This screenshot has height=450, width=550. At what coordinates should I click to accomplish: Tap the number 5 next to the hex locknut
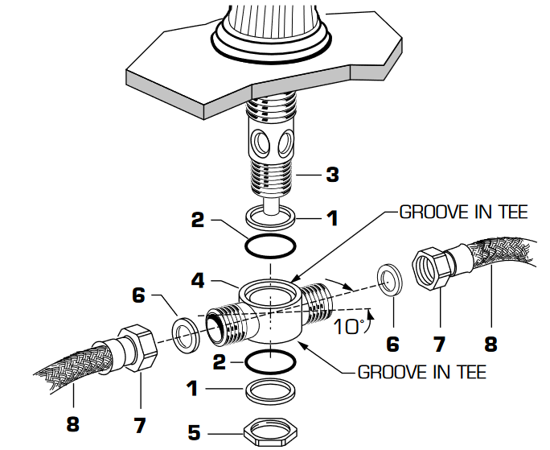(x=194, y=432)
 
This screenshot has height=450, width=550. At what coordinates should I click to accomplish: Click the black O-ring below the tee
(x=271, y=358)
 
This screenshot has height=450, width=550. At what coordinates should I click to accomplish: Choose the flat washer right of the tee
(x=392, y=279)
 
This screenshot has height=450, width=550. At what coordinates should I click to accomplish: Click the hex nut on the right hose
(x=437, y=268)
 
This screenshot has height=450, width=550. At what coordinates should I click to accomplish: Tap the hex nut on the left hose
(x=137, y=346)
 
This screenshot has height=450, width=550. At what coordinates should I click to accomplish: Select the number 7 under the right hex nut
(x=439, y=345)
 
